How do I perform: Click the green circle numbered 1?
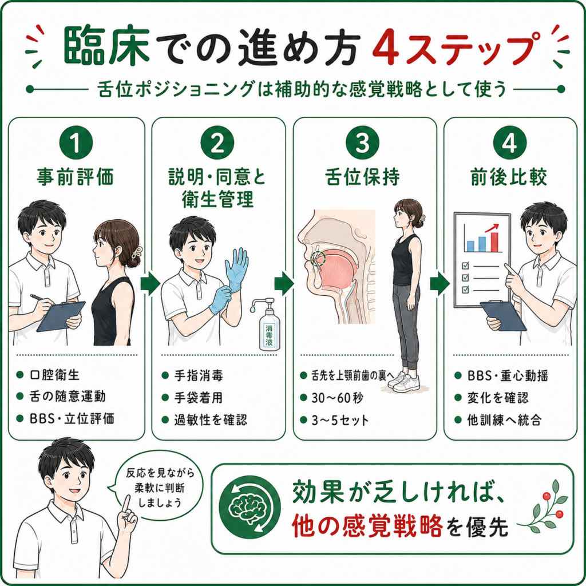tap(76, 142)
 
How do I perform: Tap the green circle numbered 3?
tap(362, 142)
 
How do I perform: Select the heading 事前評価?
tap(76, 177)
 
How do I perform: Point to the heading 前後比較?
tap(509, 177)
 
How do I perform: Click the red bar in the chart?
tap(494, 242)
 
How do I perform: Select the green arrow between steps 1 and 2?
tap(151, 284)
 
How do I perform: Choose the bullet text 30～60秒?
tap(337, 398)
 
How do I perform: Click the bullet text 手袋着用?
tap(198, 398)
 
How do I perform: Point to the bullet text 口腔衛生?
tap(54, 375)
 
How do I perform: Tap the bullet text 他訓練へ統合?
tap(504, 420)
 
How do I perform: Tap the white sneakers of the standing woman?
tap(404, 382)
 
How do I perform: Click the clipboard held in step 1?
tap(61, 316)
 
